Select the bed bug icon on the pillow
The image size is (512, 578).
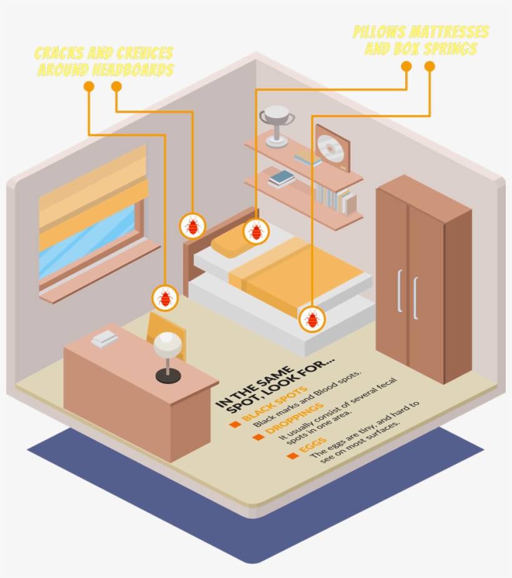[255, 231]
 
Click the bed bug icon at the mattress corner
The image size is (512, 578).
[312, 319]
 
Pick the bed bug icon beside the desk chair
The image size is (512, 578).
[165, 298]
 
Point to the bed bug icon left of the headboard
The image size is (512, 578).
[192, 226]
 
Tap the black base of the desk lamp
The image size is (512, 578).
[168, 376]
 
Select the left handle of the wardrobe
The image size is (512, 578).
[400, 290]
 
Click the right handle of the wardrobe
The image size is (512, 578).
[415, 297]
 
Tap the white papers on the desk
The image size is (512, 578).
[104, 339]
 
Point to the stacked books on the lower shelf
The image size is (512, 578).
[282, 179]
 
